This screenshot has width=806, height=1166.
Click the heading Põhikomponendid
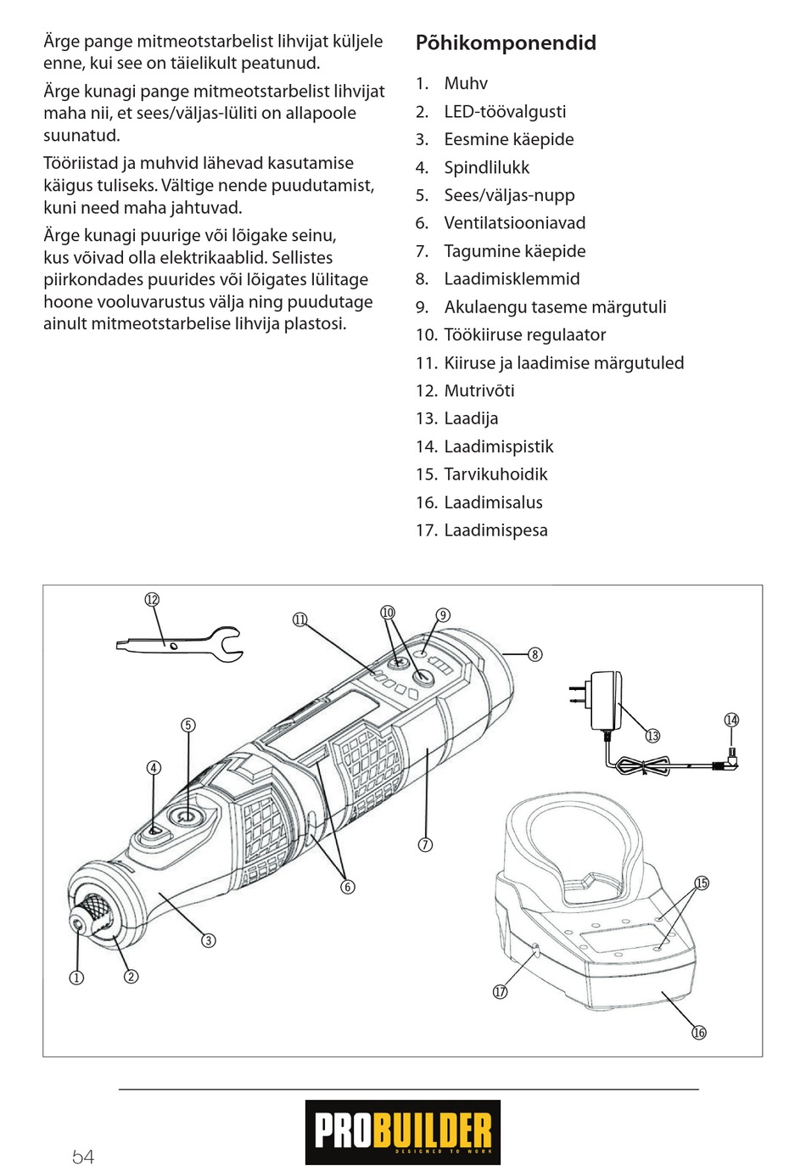point(506,43)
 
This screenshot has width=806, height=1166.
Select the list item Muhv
point(465,83)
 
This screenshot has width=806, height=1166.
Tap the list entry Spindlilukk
point(486,167)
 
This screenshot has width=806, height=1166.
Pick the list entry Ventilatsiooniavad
point(514,223)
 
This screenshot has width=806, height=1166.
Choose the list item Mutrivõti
point(479,390)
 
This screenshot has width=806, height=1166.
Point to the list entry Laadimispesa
point(495,530)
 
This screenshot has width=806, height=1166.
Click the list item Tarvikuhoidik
point(495,474)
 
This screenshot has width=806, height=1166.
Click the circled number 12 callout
point(152,600)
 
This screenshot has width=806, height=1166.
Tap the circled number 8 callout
point(535,654)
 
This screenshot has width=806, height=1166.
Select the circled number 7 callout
point(425,844)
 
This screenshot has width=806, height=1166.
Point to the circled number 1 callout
point(76,978)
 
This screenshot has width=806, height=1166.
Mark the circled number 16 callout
point(699,1033)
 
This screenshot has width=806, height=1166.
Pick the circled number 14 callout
point(731,720)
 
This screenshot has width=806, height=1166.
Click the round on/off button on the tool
point(185,816)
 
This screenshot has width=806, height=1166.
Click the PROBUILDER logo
point(403,1132)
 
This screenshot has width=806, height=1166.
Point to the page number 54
point(83,1157)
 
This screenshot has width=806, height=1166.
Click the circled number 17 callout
point(501,992)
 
